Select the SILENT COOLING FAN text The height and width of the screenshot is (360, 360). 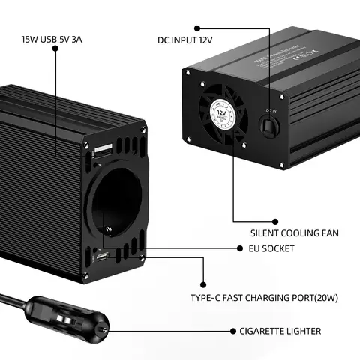click(x=295, y=233)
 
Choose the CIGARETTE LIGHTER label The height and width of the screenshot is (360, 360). click(x=280, y=331)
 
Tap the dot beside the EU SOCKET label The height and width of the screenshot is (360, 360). click(x=242, y=248)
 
